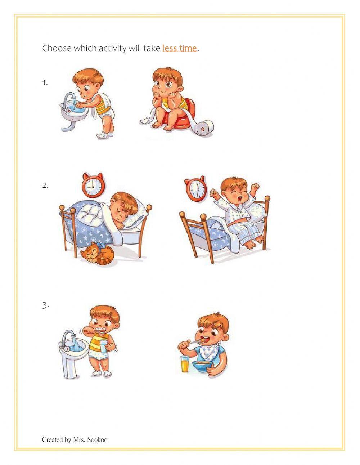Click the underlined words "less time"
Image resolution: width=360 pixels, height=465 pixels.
click(179, 48)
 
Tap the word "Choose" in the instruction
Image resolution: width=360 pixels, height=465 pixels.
click(57, 48)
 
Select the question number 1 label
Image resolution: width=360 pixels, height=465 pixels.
click(45, 83)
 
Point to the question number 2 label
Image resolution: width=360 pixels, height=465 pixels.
click(45, 185)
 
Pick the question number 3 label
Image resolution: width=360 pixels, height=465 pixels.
click(45, 305)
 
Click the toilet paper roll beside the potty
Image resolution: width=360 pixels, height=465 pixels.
click(204, 128)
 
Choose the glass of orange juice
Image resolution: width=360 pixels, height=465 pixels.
click(185, 363)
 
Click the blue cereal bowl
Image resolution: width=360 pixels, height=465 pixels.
click(202, 366)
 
